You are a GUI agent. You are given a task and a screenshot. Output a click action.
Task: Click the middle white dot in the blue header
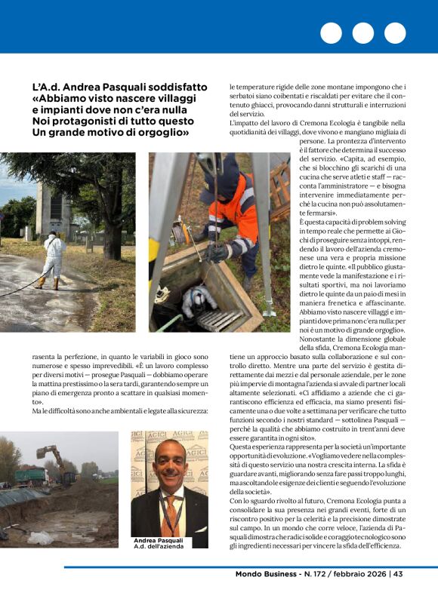(362, 33)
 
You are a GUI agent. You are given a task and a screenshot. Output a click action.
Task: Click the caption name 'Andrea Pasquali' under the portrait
(159, 541)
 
